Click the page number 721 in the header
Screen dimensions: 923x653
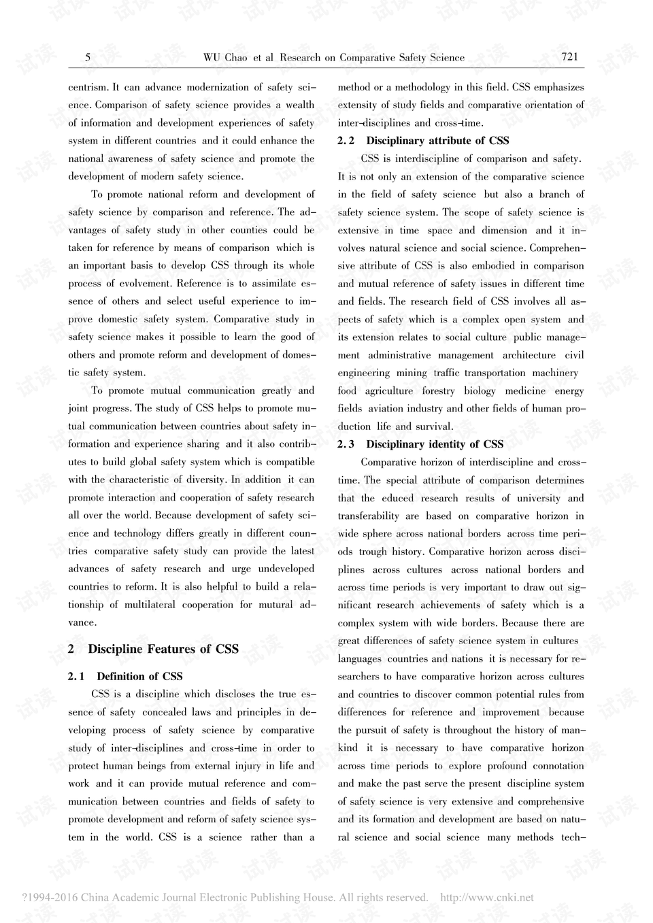point(569,57)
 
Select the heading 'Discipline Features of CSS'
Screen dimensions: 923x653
point(163,649)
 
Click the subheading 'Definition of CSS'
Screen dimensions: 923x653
point(139,676)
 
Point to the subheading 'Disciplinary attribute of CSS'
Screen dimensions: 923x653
point(437,141)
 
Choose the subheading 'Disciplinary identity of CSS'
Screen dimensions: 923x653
point(435,444)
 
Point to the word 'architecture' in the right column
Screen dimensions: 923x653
point(529,355)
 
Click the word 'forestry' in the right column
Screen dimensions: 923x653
point(438,391)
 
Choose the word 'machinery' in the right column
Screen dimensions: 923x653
point(556,373)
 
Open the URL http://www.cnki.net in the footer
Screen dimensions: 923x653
point(487,898)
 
